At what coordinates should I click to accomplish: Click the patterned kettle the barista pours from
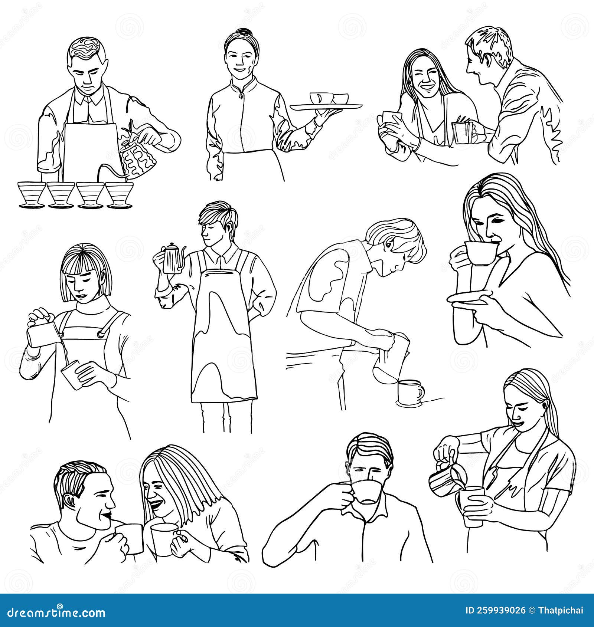point(139,160)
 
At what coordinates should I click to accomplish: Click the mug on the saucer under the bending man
point(409,391)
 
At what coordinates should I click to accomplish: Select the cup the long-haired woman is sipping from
point(480,253)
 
